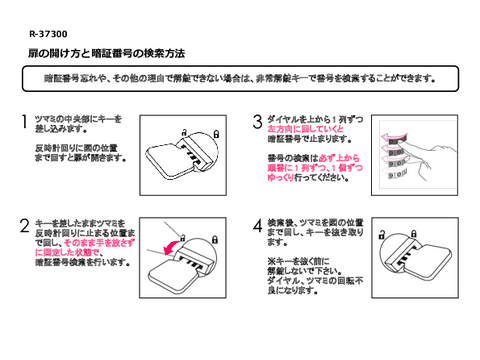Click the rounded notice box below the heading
pos(240,78)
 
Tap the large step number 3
pos(257,122)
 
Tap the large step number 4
pos(257,226)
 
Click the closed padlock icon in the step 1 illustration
pos(216,134)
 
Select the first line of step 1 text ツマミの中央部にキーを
pos(75,118)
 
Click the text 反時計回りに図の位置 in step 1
pos(75,148)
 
